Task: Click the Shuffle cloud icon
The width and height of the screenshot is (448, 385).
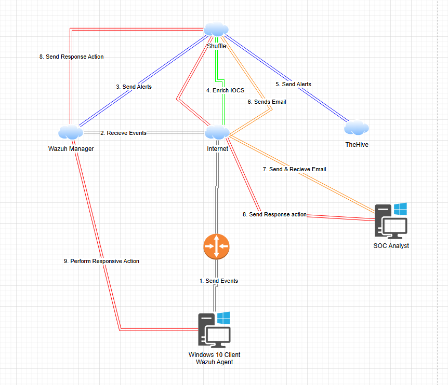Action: click(x=216, y=30)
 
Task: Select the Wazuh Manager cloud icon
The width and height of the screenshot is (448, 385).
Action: click(x=71, y=132)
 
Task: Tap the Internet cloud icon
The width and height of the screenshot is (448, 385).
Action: click(x=217, y=132)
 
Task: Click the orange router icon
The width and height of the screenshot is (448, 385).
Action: click(x=216, y=246)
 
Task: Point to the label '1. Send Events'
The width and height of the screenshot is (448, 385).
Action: click(x=219, y=281)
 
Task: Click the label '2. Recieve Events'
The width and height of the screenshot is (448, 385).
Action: click(x=123, y=133)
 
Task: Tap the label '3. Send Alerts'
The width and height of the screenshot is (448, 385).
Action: click(x=134, y=87)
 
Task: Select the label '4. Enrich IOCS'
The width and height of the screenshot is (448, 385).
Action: click(x=225, y=90)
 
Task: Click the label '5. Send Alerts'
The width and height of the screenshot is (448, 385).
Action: click(x=293, y=84)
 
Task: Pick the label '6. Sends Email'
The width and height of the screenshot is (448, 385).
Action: click(x=267, y=102)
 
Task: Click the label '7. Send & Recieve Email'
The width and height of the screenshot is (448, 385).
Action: click(x=295, y=169)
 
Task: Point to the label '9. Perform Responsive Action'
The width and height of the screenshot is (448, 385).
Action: click(x=101, y=261)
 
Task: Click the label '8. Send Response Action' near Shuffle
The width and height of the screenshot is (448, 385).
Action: click(x=71, y=57)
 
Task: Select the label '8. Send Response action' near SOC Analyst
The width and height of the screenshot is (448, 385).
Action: click(x=274, y=214)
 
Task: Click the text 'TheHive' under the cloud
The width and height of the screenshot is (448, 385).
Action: click(x=357, y=145)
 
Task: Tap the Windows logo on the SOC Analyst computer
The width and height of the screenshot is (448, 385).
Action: click(x=400, y=209)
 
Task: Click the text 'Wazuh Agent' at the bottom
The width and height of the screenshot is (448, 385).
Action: click(x=214, y=362)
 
